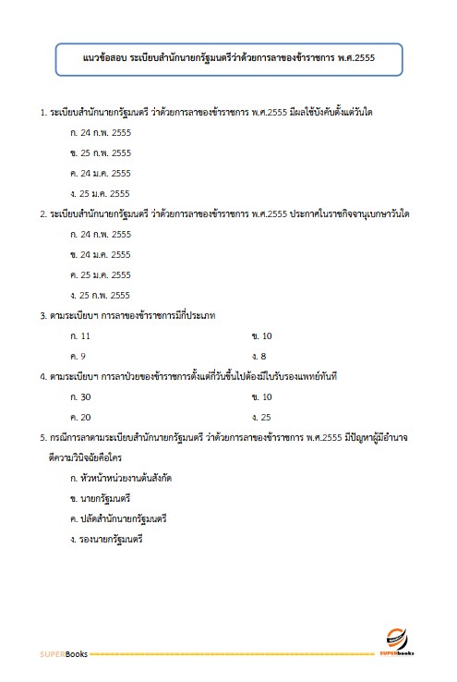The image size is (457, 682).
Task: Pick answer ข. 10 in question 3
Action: pos(261,335)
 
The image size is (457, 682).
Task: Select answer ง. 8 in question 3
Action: pos(259,356)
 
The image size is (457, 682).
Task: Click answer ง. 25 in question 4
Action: pos(261,417)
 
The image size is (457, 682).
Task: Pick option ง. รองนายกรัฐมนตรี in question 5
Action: pos(106,539)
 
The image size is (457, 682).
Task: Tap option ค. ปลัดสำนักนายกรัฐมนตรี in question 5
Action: pos(117,518)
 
